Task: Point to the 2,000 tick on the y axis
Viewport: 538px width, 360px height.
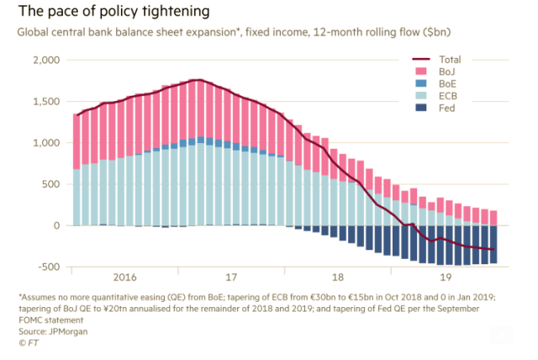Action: coord(47,61)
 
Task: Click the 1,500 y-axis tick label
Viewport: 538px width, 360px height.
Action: coord(47,102)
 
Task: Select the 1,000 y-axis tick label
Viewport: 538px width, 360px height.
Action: coord(47,143)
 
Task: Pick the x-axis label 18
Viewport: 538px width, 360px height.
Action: coord(339,276)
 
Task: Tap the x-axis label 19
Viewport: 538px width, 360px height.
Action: coord(445,276)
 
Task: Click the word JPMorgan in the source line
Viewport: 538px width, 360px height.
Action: coord(71,332)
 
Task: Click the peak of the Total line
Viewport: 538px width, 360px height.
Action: coord(198,80)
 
